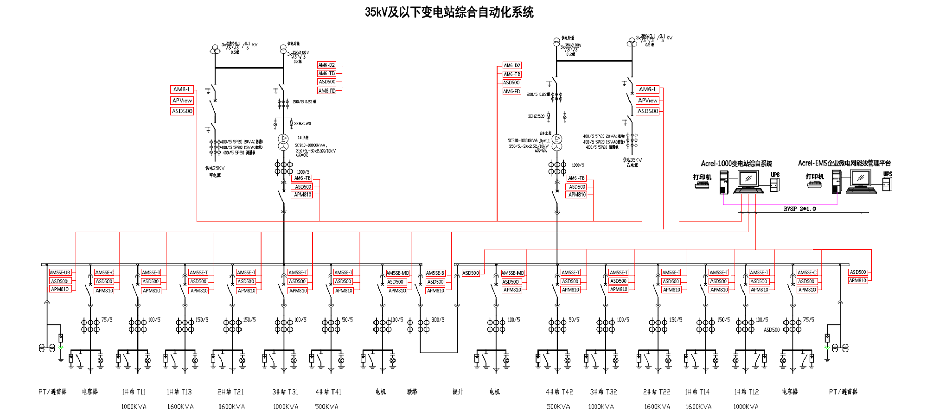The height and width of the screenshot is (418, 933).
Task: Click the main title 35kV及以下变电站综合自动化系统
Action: click(449, 12)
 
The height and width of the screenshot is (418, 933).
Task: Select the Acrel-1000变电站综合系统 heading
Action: click(736, 164)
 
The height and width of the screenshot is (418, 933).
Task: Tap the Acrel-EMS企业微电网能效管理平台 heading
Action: click(844, 163)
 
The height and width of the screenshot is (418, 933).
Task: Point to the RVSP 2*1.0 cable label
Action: click(800, 209)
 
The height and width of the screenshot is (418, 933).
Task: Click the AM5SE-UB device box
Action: click(60, 272)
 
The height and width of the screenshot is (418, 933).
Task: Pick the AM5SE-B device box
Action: click(435, 273)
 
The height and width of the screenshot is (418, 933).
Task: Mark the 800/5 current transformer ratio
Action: click(438, 320)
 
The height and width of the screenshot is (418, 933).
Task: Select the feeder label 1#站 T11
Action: click(134, 392)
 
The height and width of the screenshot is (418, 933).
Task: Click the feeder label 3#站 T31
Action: click(285, 392)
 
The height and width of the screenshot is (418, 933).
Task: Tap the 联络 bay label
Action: click(412, 392)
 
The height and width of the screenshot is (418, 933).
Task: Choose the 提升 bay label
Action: click(458, 392)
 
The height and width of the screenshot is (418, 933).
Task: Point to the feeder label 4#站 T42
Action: click(559, 392)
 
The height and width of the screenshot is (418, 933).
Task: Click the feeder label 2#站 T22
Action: click(657, 392)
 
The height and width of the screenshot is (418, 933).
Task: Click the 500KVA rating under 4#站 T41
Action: click(326, 407)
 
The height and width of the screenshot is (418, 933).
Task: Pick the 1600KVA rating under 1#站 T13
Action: click(180, 407)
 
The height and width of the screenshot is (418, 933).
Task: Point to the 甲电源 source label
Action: click(215, 175)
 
